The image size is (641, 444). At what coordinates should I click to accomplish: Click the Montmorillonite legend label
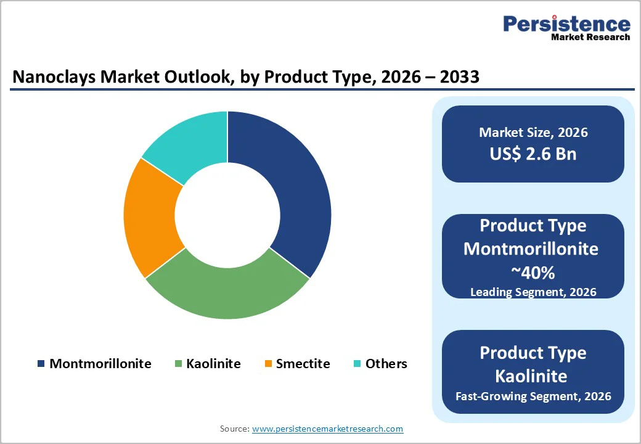(100, 363)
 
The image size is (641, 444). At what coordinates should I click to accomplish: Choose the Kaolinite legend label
(213, 363)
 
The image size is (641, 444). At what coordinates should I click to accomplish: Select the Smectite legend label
(303, 363)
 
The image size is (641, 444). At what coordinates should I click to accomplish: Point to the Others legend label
(386, 363)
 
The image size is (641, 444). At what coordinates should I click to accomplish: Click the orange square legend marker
(268, 364)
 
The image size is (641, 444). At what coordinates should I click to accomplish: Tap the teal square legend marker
(357, 364)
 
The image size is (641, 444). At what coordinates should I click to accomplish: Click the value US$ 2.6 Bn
(533, 154)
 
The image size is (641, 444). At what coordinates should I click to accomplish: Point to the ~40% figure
(533, 272)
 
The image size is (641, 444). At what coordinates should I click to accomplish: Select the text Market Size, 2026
(533, 133)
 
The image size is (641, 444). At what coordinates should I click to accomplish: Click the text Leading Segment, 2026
(533, 292)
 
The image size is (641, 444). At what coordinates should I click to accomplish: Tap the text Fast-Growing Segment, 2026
(533, 396)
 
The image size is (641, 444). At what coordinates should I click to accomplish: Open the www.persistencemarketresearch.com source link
(327, 429)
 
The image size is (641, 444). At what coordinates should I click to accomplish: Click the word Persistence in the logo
(566, 23)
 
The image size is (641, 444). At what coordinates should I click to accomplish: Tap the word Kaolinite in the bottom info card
(533, 376)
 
